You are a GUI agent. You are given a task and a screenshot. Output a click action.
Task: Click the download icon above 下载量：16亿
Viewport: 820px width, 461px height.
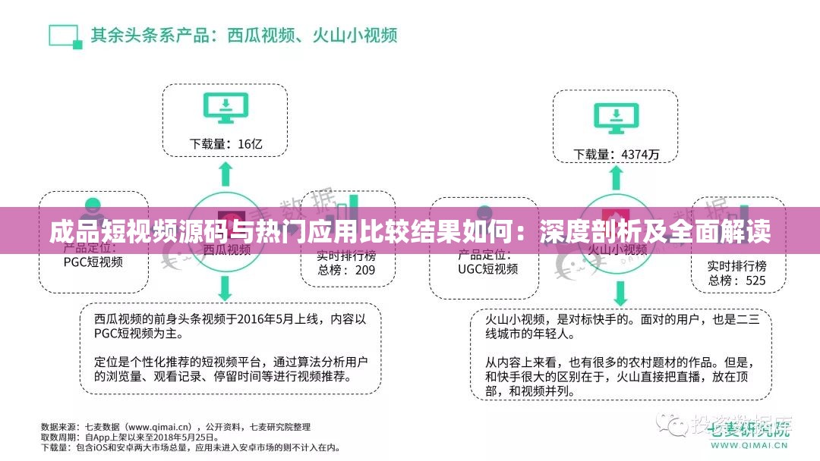pos(225,109)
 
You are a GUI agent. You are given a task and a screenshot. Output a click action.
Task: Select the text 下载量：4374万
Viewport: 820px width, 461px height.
pos(616,154)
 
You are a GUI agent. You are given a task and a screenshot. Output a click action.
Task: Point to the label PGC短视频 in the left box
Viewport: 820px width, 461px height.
pos(93,262)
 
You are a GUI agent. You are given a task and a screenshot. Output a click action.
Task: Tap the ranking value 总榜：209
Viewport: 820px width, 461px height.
pos(345,270)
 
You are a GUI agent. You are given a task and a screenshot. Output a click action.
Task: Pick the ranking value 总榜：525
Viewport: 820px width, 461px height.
pos(736,281)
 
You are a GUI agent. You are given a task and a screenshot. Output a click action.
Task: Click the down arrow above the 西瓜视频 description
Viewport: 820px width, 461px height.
pos(225,287)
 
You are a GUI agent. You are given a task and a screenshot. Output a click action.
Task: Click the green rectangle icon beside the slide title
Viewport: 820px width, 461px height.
pos(65,36)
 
